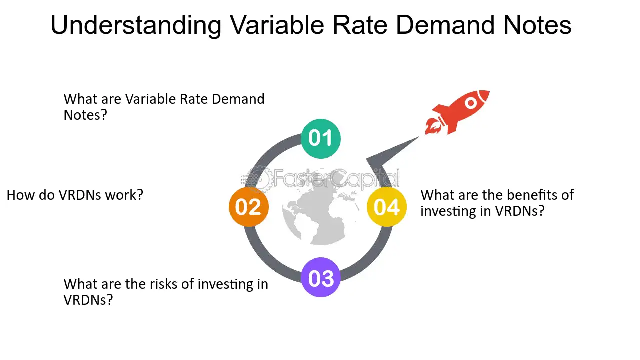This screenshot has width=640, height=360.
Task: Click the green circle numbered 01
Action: pyautogui.click(x=321, y=139)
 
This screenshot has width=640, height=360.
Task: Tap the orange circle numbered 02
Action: pyautogui.click(x=249, y=207)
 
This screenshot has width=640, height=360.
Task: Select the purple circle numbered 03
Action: pyautogui.click(x=321, y=277)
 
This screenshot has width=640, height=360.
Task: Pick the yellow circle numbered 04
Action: pyautogui.click(x=387, y=207)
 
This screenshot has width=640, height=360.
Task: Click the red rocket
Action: pyautogui.click(x=457, y=112)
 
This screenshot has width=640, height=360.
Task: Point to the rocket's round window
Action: pyautogui.click(x=471, y=103)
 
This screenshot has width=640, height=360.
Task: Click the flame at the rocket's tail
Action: pyautogui.click(x=433, y=127)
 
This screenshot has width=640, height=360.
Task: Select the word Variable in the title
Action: pyautogui.click(x=277, y=25)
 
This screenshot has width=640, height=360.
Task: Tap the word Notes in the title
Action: pyautogui.click(x=537, y=25)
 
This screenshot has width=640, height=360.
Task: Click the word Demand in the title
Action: pyautogui.click(x=445, y=25)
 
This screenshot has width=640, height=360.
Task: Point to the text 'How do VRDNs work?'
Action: pyautogui.click(x=75, y=195)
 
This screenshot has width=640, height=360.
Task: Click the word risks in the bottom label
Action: pyautogui.click(x=164, y=284)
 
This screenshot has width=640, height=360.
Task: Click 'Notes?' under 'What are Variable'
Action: pyautogui.click(x=85, y=115)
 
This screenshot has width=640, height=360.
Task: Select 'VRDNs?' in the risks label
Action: pyautogui.click(x=88, y=300)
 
